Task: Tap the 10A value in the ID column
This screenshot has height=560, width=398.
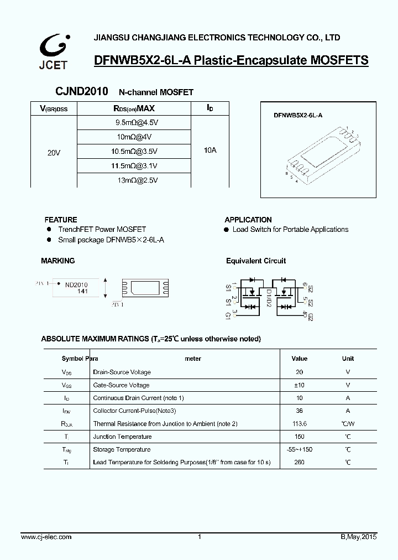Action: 210,150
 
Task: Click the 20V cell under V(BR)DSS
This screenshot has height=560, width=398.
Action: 54,152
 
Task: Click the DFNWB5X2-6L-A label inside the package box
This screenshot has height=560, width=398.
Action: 298,115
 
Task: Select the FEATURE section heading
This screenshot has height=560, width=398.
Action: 61,220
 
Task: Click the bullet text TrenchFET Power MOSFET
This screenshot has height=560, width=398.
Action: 102,229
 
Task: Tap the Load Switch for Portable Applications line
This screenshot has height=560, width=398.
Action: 290,229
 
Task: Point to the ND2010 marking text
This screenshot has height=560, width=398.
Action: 76,285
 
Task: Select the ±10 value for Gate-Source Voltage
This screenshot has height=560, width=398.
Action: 300,385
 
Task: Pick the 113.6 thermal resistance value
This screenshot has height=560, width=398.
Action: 300,424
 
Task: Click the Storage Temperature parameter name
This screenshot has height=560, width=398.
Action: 122,449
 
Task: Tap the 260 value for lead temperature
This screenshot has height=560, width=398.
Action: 300,462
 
